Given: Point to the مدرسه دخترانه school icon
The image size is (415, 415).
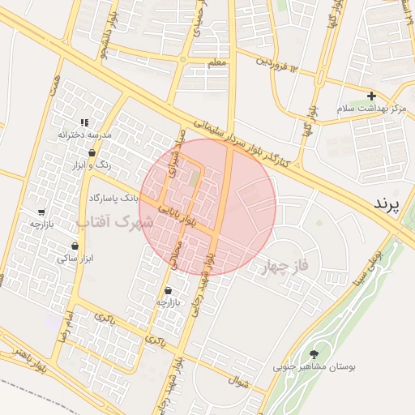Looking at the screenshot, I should tap(84, 122).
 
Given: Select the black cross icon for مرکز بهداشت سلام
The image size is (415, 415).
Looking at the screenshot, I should tap(372, 96).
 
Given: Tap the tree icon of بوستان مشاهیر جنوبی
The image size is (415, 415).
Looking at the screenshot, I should tap(314, 353).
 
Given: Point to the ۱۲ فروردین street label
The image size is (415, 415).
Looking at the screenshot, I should tap(278, 62).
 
